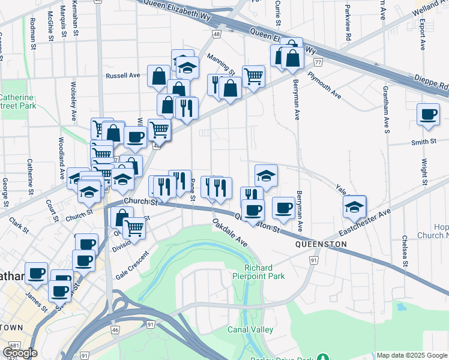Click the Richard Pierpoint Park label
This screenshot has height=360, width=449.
click(259, 272)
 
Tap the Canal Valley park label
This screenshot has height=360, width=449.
click(250, 329)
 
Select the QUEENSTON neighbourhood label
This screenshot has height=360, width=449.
click(321, 245)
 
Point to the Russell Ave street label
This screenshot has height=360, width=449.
click(122, 76)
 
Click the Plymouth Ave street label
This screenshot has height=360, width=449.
click(324, 85)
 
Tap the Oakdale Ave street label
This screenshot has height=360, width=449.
click(229, 233)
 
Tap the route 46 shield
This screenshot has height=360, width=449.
click(116, 330)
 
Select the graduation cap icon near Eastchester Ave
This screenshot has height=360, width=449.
click(355, 206)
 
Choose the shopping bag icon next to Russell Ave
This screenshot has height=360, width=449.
click(158, 76)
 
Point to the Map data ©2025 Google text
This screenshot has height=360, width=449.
click(412, 355)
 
